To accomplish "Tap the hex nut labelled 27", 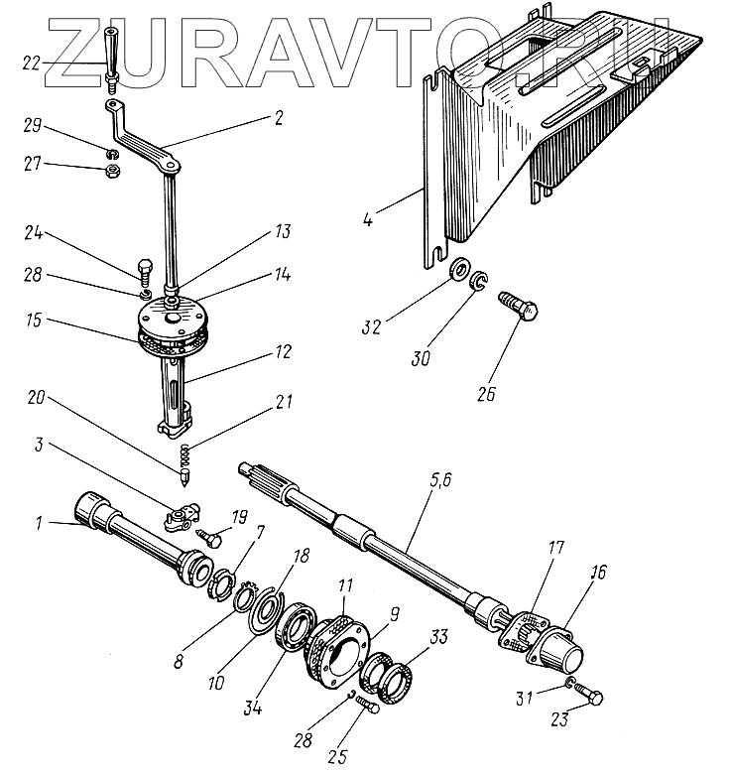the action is click(113, 172).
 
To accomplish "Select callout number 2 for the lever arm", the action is click(279, 118).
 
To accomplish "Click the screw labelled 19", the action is click(209, 536).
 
